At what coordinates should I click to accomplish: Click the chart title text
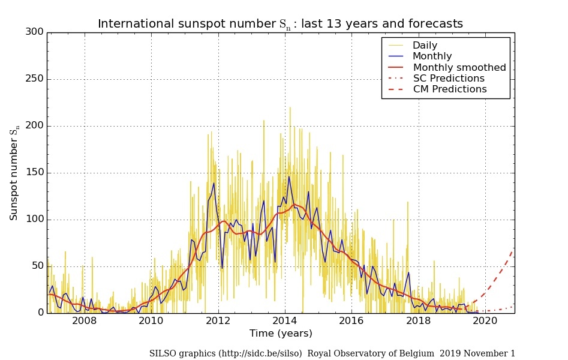[280, 24]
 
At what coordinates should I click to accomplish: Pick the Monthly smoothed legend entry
[459, 67]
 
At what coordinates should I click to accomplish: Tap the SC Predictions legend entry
[449, 78]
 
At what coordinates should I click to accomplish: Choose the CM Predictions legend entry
[450, 89]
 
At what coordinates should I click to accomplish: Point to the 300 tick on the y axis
[35, 32]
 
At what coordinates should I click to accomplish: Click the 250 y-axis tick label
[35, 79]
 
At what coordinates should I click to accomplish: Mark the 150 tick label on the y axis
[35, 173]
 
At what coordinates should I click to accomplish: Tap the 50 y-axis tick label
[37, 266]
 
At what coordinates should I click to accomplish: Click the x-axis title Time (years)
[281, 333]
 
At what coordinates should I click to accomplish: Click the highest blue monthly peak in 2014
[289, 176]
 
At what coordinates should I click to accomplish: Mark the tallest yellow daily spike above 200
[290, 107]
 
